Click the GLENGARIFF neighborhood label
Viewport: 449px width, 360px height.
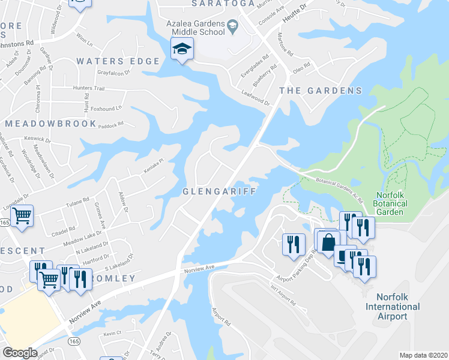[x=220, y=191]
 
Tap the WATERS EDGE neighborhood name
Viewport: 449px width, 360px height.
[x=118, y=61]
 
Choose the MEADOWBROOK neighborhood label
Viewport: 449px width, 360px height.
[x=50, y=124]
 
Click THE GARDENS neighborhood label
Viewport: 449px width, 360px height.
[x=321, y=91]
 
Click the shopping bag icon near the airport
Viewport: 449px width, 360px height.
[x=328, y=243]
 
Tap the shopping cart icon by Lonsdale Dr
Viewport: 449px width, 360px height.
[x=22, y=215]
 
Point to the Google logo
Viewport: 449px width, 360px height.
[x=20, y=353]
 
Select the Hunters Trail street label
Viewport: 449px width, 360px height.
[x=88, y=89]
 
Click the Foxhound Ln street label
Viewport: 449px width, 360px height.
[x=106, y=109]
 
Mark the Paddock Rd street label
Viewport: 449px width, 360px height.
[x=110, y=124]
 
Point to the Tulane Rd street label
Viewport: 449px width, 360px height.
[x=77, y=204]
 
